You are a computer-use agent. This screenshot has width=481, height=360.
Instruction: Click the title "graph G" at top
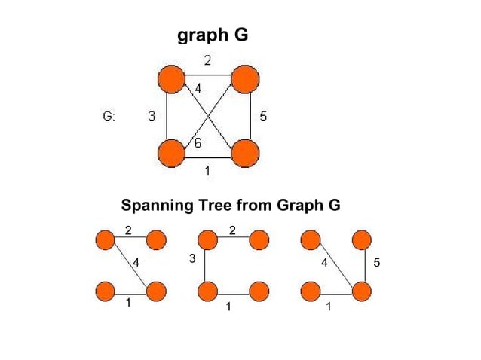pos(212,35)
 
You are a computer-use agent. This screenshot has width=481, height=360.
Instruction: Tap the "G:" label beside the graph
pos(109,116)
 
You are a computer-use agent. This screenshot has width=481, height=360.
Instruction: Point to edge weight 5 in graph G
pos(262,116)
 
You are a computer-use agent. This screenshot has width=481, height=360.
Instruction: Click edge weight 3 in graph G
pos(152,116)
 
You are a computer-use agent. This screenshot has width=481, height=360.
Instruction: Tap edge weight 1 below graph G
pos(207,171)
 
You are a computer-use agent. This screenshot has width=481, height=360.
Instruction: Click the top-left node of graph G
pos(171,78)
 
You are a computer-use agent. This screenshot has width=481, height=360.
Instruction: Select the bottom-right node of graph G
pos(244,153)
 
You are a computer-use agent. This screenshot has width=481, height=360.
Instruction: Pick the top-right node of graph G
pos(244,78)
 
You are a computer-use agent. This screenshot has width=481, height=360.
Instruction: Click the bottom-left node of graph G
pos(171,153)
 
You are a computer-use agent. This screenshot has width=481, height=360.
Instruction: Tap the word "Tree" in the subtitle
pos(214,206)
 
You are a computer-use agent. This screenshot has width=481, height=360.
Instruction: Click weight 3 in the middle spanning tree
pos(192,259)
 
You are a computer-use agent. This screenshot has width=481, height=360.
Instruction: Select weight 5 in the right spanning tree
pos(377,263)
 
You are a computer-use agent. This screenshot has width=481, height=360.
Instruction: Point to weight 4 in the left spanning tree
pos(136,263)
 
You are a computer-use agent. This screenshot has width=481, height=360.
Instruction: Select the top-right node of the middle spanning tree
pos(259,241)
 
